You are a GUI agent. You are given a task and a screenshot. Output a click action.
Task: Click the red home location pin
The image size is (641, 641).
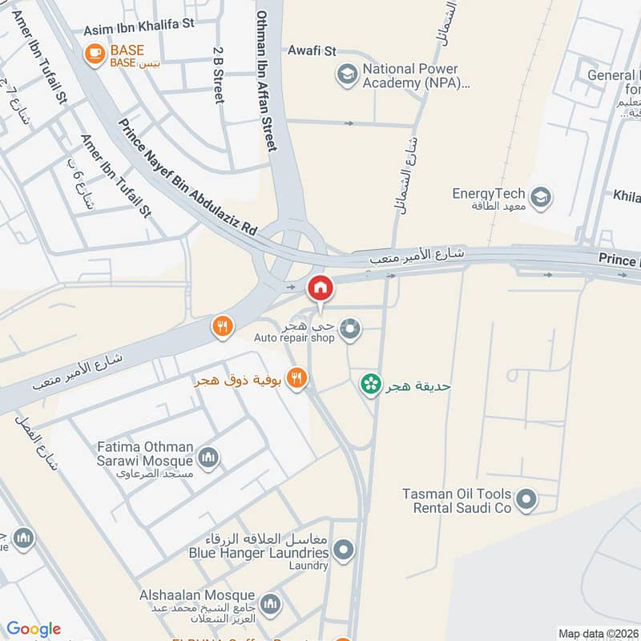[320, 288]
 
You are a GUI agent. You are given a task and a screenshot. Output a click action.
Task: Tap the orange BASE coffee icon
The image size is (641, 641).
[95, 54]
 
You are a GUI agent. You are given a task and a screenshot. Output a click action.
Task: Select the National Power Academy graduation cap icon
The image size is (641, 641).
[347, 75]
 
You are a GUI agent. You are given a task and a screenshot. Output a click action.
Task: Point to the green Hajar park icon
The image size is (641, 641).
[370, 385]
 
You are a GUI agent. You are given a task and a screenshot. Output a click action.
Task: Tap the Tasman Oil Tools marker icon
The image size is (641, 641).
[526, 501]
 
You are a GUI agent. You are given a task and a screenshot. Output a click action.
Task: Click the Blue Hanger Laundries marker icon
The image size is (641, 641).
[344, 550]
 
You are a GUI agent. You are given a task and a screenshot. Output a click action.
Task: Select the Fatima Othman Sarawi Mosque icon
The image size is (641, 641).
[209, 458]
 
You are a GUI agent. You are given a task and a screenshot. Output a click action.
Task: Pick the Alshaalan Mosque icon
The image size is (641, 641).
[271, 602]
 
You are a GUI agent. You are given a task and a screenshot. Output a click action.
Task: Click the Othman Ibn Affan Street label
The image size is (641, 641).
[265, 80]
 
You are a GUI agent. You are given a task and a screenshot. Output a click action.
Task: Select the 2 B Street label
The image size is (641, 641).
[218, 74]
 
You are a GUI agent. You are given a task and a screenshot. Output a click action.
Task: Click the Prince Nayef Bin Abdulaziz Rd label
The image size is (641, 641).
[187, 177]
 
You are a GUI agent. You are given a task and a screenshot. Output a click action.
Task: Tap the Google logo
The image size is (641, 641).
[34, 629]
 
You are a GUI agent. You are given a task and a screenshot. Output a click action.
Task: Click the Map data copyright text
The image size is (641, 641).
[599, 633]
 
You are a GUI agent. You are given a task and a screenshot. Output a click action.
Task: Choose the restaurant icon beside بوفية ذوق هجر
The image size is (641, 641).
[297, 378]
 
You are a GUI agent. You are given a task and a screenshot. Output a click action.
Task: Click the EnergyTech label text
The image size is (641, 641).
[488, 193]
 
